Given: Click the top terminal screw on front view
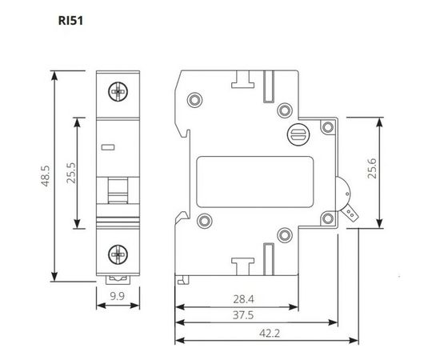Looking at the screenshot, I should coord(118,92).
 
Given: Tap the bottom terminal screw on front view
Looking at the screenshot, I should coord(118,254).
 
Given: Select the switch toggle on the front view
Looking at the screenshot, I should coord(118,192).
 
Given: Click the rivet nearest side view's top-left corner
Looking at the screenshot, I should coord(192,101).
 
